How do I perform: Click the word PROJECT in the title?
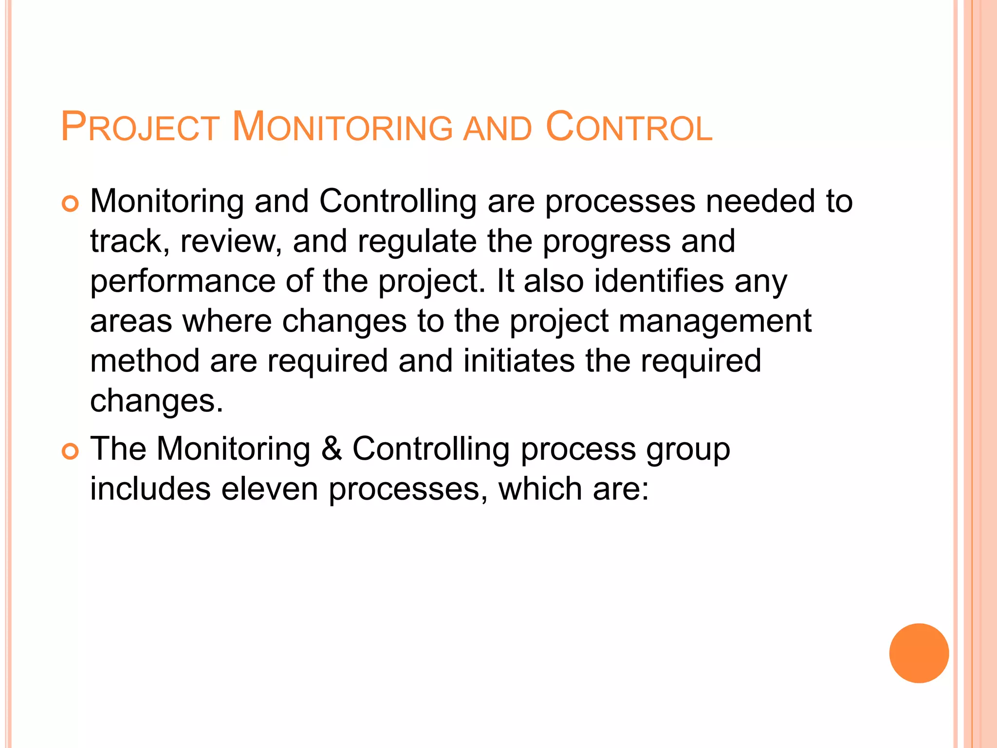pos(140,127)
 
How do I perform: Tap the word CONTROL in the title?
pos(629,127)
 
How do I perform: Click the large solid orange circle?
pos(919,653)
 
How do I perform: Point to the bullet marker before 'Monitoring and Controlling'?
pos(70,204)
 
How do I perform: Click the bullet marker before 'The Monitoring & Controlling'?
pos(70,452)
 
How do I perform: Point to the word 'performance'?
pos(183,281)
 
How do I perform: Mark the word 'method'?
pos(145,361)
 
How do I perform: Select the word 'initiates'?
pos(519,361)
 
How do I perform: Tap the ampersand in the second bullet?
pos(332,449)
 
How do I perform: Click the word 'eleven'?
pos(269,489)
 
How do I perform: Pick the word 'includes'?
pos(150,489)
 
